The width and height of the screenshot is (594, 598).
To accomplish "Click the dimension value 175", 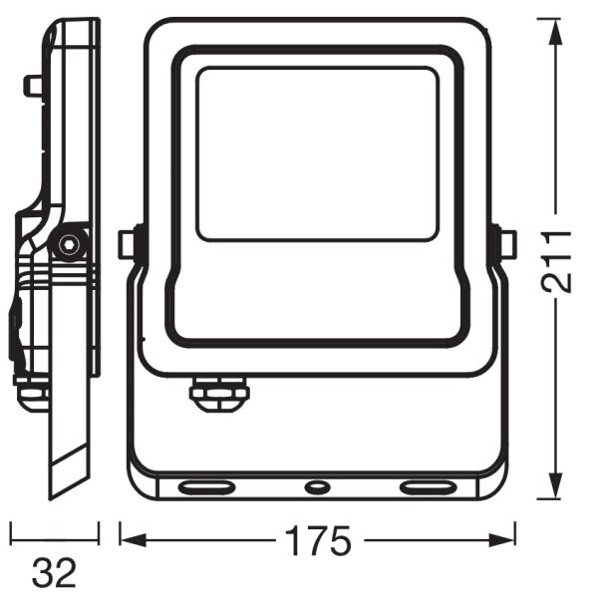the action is (318, 540).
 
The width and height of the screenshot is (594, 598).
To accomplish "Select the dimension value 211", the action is (557, 261).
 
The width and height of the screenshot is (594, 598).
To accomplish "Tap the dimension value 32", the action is (54, 573).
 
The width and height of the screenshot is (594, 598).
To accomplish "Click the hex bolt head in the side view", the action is (69, 243).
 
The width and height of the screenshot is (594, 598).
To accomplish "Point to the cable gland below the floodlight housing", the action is (219, 394).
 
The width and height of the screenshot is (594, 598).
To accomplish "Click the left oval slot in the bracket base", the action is (206, 487).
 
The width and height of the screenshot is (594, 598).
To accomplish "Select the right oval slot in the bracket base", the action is (427, 487).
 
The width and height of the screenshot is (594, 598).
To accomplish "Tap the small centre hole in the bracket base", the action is (317, 486).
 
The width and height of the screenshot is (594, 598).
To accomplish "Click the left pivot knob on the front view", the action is (129, 245).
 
